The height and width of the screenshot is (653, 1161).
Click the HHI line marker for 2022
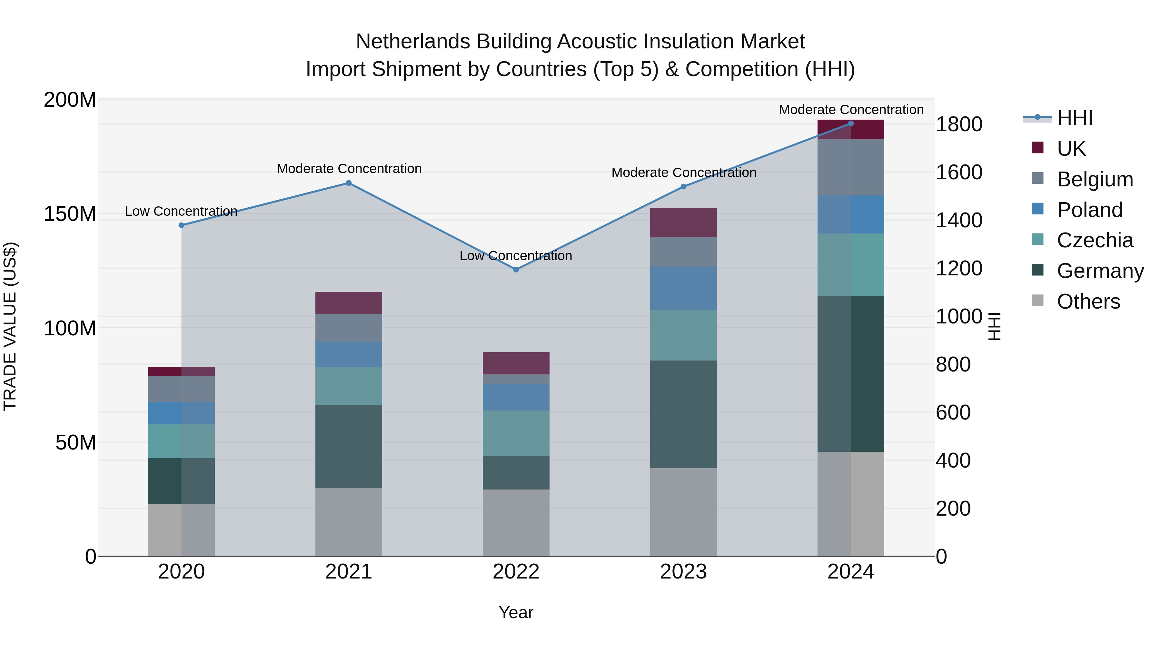(x=516, y=270)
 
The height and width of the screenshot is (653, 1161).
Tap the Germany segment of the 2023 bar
(x=683, y=414)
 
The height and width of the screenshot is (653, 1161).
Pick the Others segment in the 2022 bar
(x=516, y=523)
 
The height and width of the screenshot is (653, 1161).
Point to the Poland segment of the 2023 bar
(x=683, y=288)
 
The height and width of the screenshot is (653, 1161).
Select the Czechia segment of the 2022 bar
(x=516, y=433)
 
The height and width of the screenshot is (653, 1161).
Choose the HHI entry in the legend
(x=1075, y=118)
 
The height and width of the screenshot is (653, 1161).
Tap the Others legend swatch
(x=1037, y=301)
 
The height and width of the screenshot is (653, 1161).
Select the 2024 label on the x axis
(x=850, y=572)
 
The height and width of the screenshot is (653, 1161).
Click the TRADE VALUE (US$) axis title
(x=10, y=326)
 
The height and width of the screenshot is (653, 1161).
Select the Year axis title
(x=516, y=612)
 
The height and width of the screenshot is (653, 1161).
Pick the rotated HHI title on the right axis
(x=994, y=326)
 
